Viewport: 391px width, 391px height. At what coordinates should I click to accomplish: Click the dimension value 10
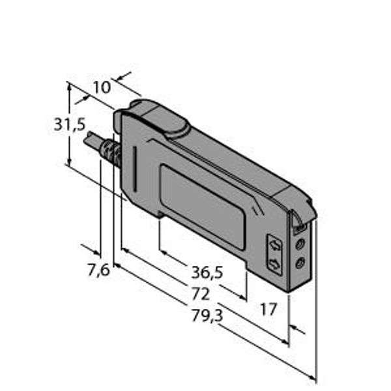click(102, 87)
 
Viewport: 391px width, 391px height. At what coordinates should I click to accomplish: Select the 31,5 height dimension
click(70, 124)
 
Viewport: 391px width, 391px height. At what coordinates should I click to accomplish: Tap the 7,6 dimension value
click(99, 270)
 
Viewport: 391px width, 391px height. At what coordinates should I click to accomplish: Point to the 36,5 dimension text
click(207, 272)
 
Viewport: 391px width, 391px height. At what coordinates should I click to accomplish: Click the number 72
click(201, 294)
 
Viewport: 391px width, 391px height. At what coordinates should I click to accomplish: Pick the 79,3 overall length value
click(207, 316)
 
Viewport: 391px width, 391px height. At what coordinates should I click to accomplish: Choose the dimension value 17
click(268, 309)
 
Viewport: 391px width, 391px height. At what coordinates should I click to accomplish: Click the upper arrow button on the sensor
click(274, 246)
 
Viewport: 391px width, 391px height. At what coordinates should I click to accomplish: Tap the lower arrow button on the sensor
click(274, 264)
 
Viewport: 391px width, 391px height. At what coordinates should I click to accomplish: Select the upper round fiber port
click(300, 244)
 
